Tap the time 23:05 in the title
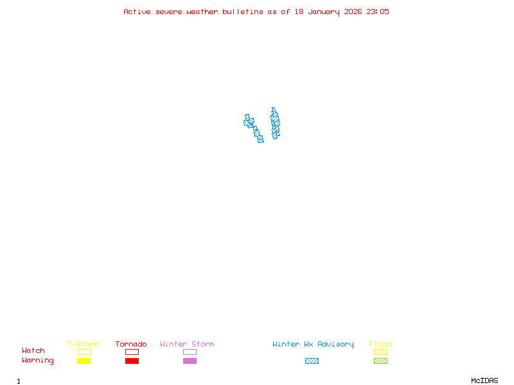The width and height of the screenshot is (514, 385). (378, 12)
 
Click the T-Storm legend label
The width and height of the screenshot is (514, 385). (83, 345)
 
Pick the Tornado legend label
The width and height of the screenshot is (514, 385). (131, 345)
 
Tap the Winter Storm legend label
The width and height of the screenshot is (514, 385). (187, 345)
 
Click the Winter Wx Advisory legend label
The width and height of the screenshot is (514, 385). (313, 345)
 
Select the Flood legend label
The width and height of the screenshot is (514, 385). (380, 345)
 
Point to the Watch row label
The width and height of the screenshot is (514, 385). (33, 351)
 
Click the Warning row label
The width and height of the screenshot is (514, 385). (38, 361)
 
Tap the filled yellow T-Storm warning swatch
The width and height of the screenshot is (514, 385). (84, 361)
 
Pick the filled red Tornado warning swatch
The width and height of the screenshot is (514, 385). (132, 361)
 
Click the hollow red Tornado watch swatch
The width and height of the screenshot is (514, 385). (132, 352)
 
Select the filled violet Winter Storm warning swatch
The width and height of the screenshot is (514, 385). (190, 361)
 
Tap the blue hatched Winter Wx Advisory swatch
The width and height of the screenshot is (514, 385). (312, 361)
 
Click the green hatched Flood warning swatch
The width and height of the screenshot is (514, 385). (380, 361)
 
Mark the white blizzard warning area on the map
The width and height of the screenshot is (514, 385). (263, 123)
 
